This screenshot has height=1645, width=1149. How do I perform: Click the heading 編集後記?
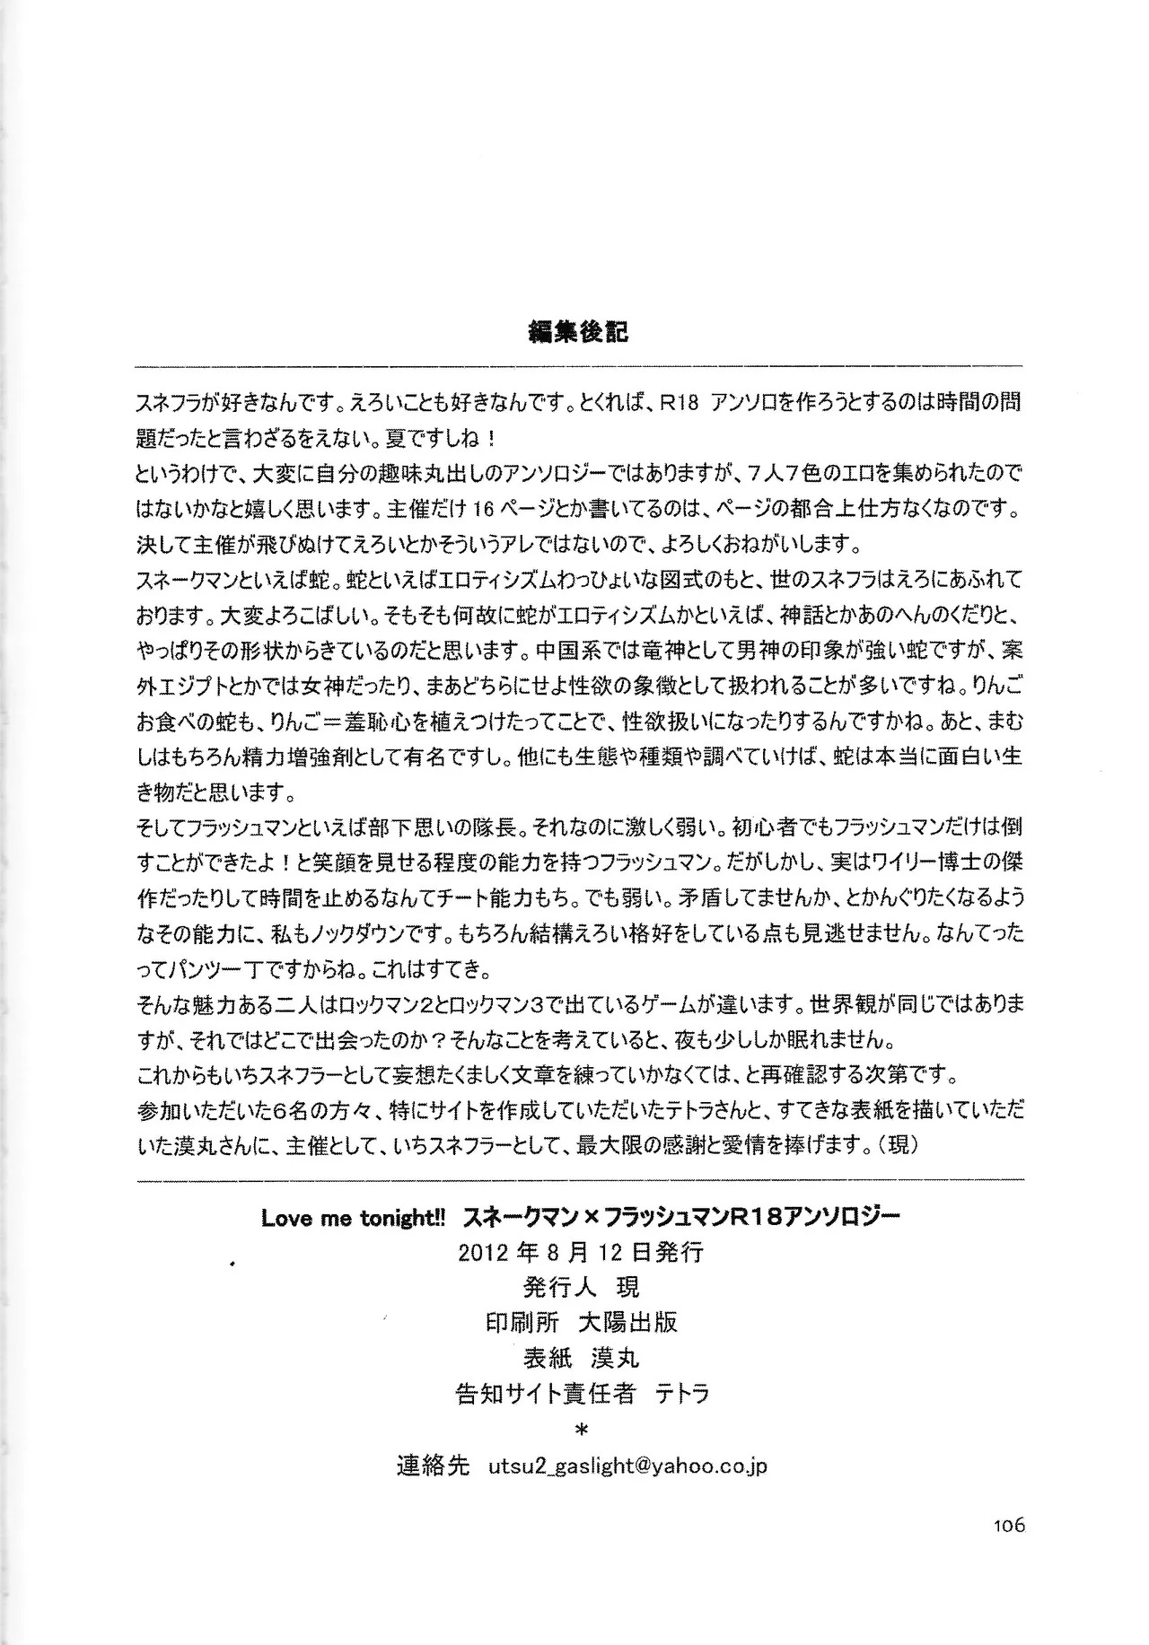[579, 331]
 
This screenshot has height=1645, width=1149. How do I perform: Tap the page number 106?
[1008, 1525]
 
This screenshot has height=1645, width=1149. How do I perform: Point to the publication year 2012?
[484, 1252]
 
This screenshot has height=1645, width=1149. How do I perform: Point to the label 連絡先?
[433, 1466]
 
